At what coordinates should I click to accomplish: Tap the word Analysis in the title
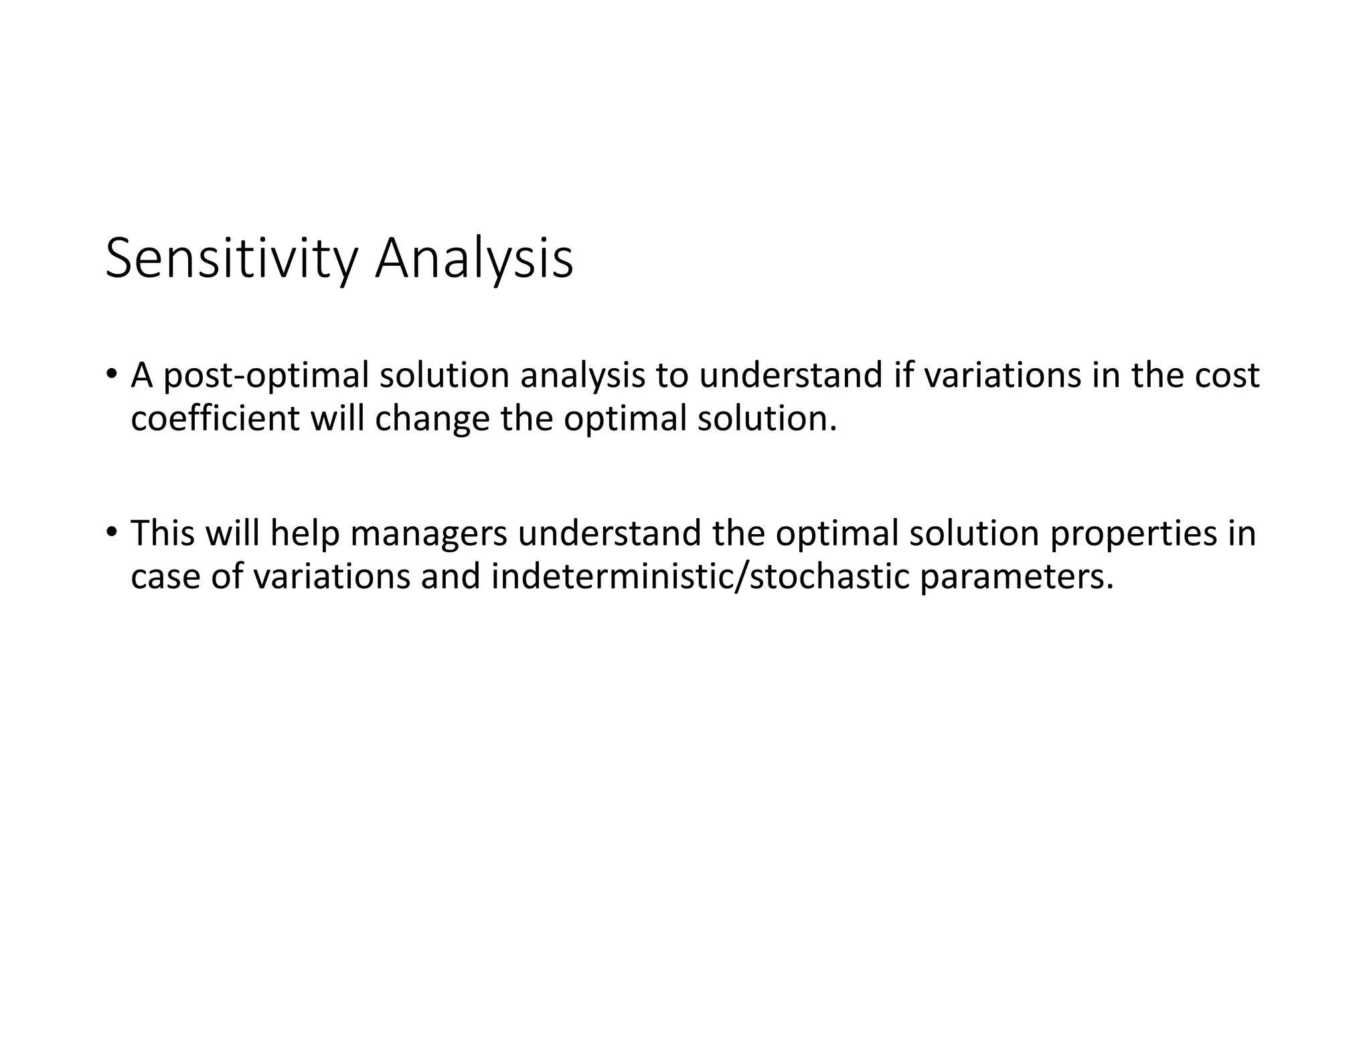(x=473, y=260)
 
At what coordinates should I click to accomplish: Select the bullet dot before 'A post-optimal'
(x=111, y=374)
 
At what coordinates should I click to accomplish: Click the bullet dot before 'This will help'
(x=111, y=532)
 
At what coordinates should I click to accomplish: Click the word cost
(x=1227, y=375)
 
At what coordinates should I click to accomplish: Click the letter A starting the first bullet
(x=142, y=375)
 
